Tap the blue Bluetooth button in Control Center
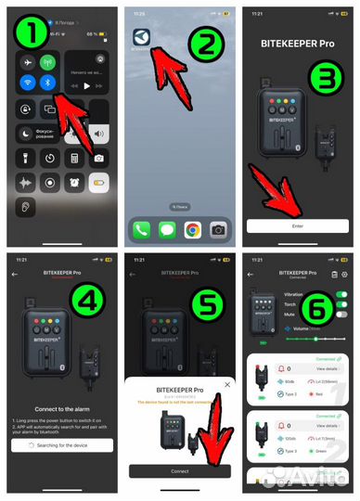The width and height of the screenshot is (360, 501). [x=48, y=83]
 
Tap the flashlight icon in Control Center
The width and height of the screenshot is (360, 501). [x=25, y=157]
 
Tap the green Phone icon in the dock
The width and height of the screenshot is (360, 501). [x=141, y=228]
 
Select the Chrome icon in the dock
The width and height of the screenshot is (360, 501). [x=192, y=228]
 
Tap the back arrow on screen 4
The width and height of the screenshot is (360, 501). [x=14, y=276]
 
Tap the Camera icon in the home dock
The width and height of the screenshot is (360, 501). [x=218, y=228]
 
